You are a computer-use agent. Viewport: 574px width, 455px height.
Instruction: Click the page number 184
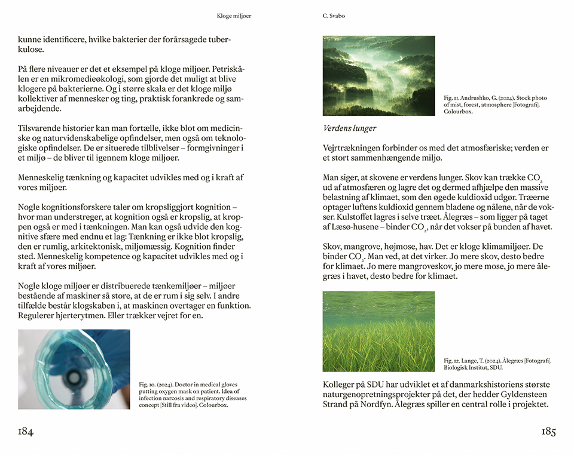[x=26, y=432]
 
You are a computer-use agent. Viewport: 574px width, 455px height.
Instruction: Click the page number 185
[x=549, y=432]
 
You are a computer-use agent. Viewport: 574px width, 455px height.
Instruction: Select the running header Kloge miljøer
[x=234, y=16]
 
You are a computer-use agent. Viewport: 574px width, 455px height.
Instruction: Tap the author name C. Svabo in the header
[x=334, y=16]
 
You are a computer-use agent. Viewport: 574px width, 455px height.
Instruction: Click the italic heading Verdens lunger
[x=350, y=128]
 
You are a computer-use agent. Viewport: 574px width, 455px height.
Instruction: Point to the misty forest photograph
[x=378, y=76]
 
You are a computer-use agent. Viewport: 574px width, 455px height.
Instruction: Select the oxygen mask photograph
[x=74, y=369]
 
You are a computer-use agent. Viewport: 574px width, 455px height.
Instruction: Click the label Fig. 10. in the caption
[x=147, y=384]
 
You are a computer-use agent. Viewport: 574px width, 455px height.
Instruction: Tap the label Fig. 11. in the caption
[x=451, y=98]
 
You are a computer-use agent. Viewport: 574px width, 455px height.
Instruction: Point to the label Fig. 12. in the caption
[x=451, y=361]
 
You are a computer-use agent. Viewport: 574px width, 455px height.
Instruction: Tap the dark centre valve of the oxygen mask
[x=74, y=377]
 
